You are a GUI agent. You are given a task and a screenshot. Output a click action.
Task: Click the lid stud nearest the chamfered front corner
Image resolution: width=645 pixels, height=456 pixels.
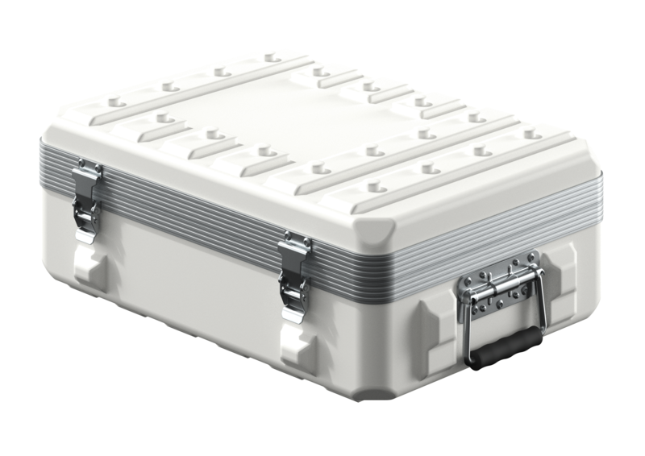pos(372,186)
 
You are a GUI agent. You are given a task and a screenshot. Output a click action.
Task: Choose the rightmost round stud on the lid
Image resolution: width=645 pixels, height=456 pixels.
pos(531,134)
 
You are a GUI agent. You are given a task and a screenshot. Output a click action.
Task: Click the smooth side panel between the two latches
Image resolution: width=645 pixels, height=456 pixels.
pos(193,274)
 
